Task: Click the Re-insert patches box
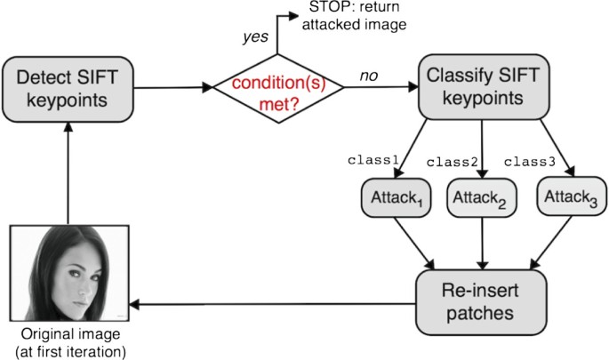pyautogui.click(x=480, y=301)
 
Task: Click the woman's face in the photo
pyautogui.click(x=71, y=271)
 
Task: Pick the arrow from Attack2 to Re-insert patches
pyautogui.click(x=481, y=242)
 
